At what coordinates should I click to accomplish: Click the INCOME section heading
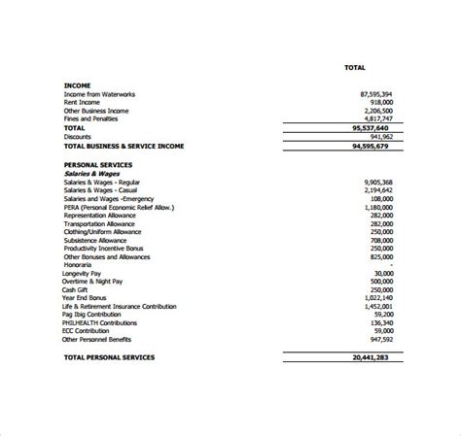[79, 84]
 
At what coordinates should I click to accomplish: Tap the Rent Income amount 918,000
[378, 102]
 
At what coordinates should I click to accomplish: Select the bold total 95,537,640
[370, 127]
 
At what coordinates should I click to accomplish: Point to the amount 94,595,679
[371, 145]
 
